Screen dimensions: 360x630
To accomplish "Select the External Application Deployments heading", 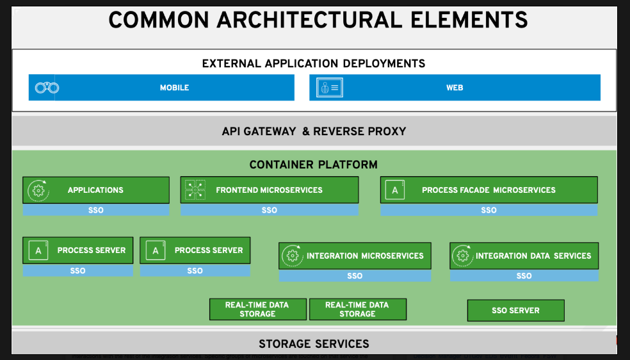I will tap(314, 63).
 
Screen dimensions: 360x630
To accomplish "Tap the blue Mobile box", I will tap(174, 88).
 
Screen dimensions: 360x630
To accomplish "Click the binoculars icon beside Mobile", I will tap(47, 88).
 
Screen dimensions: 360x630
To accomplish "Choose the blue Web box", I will tap(455, 88).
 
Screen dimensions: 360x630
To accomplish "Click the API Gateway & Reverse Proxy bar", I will tap(314, 131).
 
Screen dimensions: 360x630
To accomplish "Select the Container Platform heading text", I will tap(314, 165).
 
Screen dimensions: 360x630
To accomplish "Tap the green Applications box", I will tap(96, 190).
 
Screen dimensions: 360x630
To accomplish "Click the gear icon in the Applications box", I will tap(38, 190).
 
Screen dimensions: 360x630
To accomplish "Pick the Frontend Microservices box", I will tap(269, 190).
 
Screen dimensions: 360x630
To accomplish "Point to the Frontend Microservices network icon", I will tap(195, 190).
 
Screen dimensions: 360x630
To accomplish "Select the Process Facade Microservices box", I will tap(489, 190).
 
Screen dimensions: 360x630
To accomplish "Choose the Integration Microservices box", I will tap(355, 256).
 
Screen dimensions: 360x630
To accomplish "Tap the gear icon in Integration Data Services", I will tap(462, 256).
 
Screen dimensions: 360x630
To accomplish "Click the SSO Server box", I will tap(515, 311).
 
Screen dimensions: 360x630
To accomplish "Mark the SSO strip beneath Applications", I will tap(96, 210).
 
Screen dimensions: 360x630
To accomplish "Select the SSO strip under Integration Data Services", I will tap(524, 276).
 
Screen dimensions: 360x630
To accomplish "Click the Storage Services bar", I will tap(314, 344).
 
